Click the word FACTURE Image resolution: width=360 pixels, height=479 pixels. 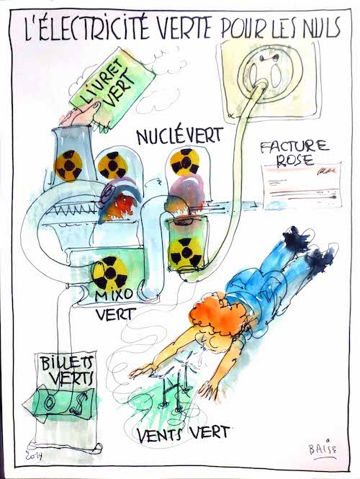coord(294,146)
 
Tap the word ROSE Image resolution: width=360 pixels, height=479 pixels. coord(294,160)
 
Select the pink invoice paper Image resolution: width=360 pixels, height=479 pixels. coord(302,185)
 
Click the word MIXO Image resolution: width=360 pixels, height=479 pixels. coord(114,295)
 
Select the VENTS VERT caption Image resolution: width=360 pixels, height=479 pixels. coord(183,434)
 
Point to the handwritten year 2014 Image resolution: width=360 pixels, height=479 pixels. coord(35,455)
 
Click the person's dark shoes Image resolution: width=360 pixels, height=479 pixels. coord(308,248)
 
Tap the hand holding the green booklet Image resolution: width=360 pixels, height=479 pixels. coord(80,115)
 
